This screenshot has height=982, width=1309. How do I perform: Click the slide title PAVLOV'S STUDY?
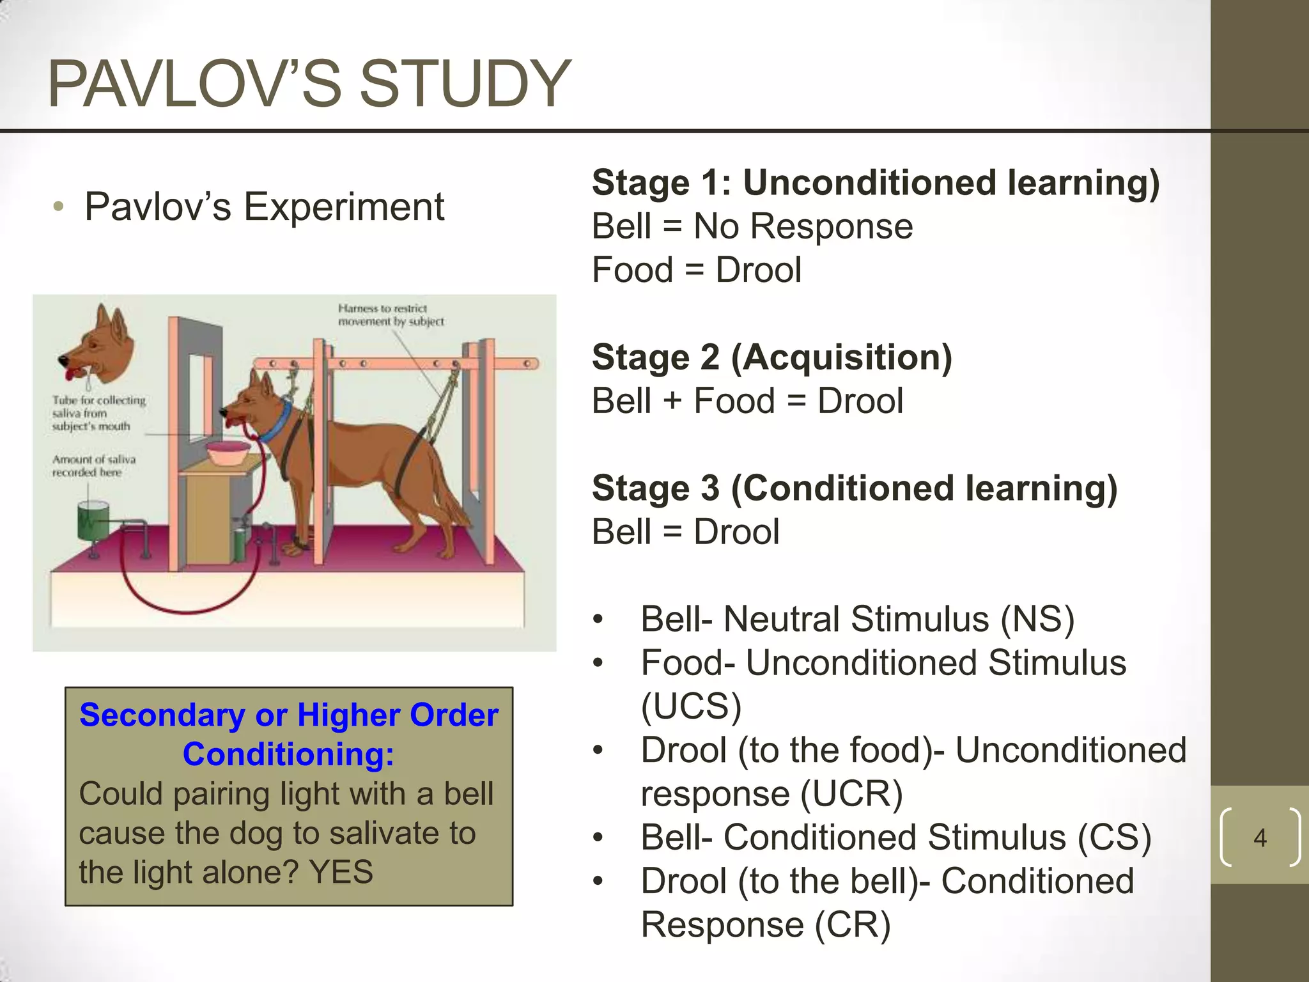coord(309,83)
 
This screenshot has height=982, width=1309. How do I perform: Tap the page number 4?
coord(1260,838)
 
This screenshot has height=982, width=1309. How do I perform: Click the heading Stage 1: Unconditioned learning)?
coord(875,183)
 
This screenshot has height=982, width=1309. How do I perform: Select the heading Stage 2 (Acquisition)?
coord(771,357)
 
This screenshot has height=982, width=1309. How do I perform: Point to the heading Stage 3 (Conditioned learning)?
coord(854,488)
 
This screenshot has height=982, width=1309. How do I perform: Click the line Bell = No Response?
coord(752,226)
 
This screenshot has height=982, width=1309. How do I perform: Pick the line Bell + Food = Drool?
coord(747,401)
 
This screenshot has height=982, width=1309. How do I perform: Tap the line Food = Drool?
coord(696,270)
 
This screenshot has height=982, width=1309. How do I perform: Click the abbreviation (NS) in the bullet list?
coord(1037,620)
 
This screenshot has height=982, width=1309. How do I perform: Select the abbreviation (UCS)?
coord(691,706)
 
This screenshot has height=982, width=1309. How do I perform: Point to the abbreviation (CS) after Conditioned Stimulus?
coord(1114,838)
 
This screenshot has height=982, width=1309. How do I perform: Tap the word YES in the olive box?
coord(341,872)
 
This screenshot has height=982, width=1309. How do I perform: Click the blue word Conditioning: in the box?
coord(288,754)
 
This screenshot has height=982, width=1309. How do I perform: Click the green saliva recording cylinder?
coord(93,521)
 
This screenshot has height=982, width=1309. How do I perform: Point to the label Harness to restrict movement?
coord(391,315)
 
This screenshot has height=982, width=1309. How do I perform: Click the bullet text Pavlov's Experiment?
coord(264,207)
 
